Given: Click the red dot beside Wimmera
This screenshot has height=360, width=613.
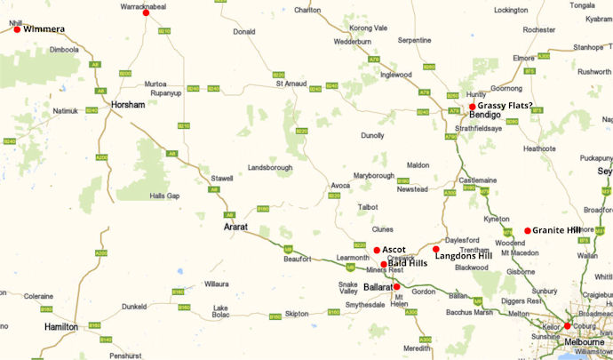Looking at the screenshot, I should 17,29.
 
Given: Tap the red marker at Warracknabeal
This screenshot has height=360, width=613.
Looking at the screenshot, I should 147,12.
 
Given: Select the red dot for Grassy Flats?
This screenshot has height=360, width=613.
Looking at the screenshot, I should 472,107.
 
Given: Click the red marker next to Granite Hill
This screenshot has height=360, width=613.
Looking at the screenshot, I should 527,230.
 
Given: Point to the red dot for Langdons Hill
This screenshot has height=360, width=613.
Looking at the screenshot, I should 435,249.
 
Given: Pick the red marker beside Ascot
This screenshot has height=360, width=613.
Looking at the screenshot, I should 377,250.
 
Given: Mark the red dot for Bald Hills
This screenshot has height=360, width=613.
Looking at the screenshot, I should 384,264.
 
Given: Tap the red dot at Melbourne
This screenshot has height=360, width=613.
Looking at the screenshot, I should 567,325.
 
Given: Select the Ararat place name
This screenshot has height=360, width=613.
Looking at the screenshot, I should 235,228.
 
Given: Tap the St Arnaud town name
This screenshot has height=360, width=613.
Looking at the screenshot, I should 291,84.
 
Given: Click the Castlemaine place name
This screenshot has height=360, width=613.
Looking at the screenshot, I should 478,180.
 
